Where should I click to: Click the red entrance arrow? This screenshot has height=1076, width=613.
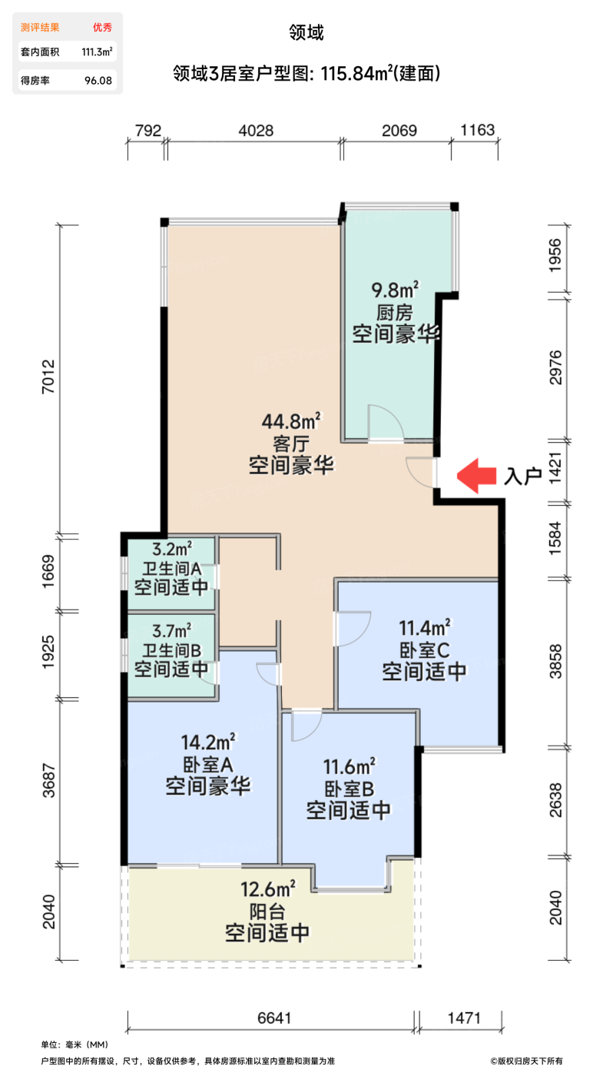point(477,476)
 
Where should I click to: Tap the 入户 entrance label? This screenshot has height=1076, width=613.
point(523,477)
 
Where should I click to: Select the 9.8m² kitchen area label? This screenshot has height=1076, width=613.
point(395,291)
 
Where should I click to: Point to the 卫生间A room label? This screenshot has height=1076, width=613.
point(171,569)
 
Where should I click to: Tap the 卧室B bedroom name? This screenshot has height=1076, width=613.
point(348,789)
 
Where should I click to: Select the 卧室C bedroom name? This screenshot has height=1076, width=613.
point(424,649)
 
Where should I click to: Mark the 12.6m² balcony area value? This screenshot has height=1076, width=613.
point(268,890)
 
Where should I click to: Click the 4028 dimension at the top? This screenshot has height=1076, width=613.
point(256,131)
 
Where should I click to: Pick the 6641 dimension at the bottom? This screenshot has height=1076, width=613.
point(272,1018)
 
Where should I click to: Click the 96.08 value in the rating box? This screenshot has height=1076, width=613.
point(98,79)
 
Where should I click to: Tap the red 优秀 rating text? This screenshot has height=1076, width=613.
point(102,28)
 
